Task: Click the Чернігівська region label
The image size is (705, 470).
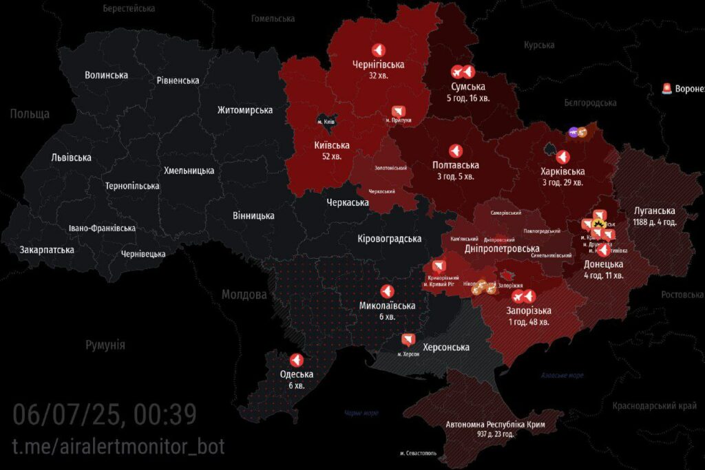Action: tap(378, 65)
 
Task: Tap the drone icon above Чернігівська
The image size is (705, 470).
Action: tap(378, 50)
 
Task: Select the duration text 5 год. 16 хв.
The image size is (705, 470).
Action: tap(468, 98)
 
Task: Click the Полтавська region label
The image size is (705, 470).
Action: tap(456, 165)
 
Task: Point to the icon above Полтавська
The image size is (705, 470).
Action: tap(456, 151)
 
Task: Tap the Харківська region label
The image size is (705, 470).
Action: tap(562, 171)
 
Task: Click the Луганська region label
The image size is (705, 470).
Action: tap(655, 211)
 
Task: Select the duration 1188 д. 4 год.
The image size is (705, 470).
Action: tap(655, 222)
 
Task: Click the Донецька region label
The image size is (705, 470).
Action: tap(603, 264)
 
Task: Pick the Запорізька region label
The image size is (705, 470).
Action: tap(528, 310)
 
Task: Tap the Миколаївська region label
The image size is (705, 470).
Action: tap(387, 306)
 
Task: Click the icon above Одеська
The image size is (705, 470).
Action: tap(296, 360)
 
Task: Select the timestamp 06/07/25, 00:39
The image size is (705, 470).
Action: tap(105, 414)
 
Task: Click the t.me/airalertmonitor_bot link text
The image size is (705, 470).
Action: tap(118, 446)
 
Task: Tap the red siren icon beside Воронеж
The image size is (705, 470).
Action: tap(666, 88)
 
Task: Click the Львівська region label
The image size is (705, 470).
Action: tap(71, 158)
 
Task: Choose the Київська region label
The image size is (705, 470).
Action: tap(331, 145)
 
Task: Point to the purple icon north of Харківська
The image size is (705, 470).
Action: tap(573, 132)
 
